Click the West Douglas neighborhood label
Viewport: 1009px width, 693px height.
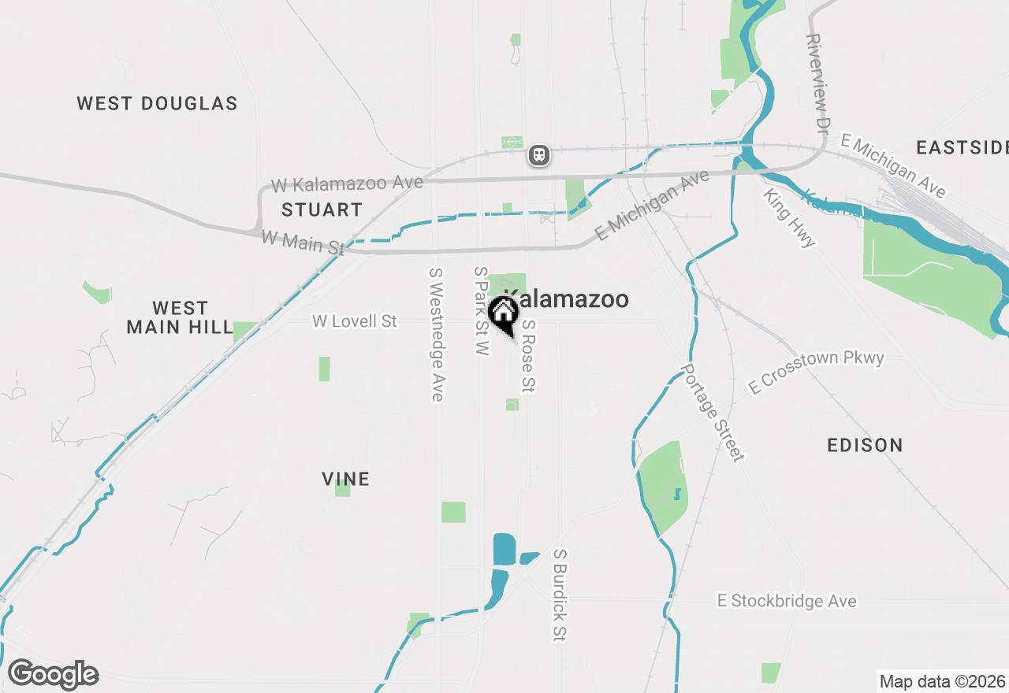point(157,103)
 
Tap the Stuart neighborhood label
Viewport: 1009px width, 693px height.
point(322,209)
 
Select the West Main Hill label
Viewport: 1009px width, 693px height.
point(180,317)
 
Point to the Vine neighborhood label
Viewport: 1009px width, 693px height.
point(345,479)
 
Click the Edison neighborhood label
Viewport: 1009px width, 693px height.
point(865,445)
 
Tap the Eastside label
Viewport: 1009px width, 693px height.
point(962,147)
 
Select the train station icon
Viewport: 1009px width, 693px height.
point(539,154)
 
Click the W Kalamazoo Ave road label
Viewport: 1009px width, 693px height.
point(347,184)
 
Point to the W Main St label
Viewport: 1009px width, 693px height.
point(303,241)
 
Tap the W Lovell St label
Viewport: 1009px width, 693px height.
point(355,321)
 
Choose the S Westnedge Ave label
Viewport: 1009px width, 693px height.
point(436,334)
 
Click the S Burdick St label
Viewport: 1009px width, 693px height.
point(560,595)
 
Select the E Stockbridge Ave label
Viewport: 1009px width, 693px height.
point(786,601)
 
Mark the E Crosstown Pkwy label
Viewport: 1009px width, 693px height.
point(816,372)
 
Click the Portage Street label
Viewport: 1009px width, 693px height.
point(713,413)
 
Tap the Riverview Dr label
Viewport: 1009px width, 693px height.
point(818,83)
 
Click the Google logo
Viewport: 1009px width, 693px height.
point(53,675)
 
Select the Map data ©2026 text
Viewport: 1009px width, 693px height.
point(942,681)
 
